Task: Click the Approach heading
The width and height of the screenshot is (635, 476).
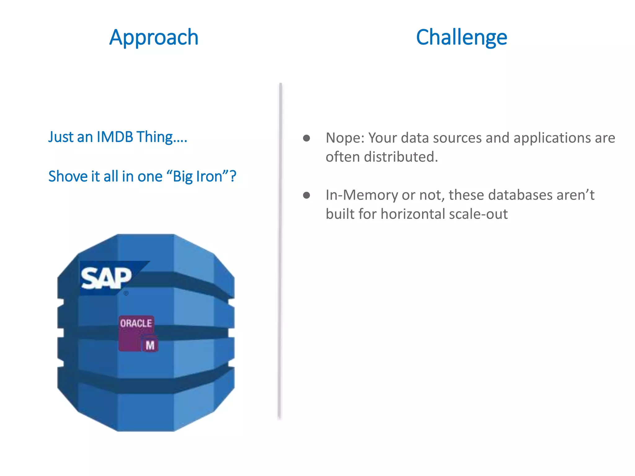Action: coord(153,37)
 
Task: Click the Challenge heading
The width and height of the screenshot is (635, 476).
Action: coord(461,37)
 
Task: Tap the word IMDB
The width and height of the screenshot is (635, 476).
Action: coord(115,137)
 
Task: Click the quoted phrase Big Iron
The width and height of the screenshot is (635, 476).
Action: coord(198,176)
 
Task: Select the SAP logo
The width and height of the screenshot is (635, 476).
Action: coord(107,278)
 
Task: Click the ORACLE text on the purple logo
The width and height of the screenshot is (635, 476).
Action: coord(136,323)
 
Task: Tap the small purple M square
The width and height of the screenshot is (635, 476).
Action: coord(150,345)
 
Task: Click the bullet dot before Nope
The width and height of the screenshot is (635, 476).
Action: coord(306,138)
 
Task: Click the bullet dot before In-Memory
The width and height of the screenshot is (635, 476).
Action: coord(306,195)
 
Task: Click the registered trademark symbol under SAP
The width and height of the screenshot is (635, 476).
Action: coord(126,293)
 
